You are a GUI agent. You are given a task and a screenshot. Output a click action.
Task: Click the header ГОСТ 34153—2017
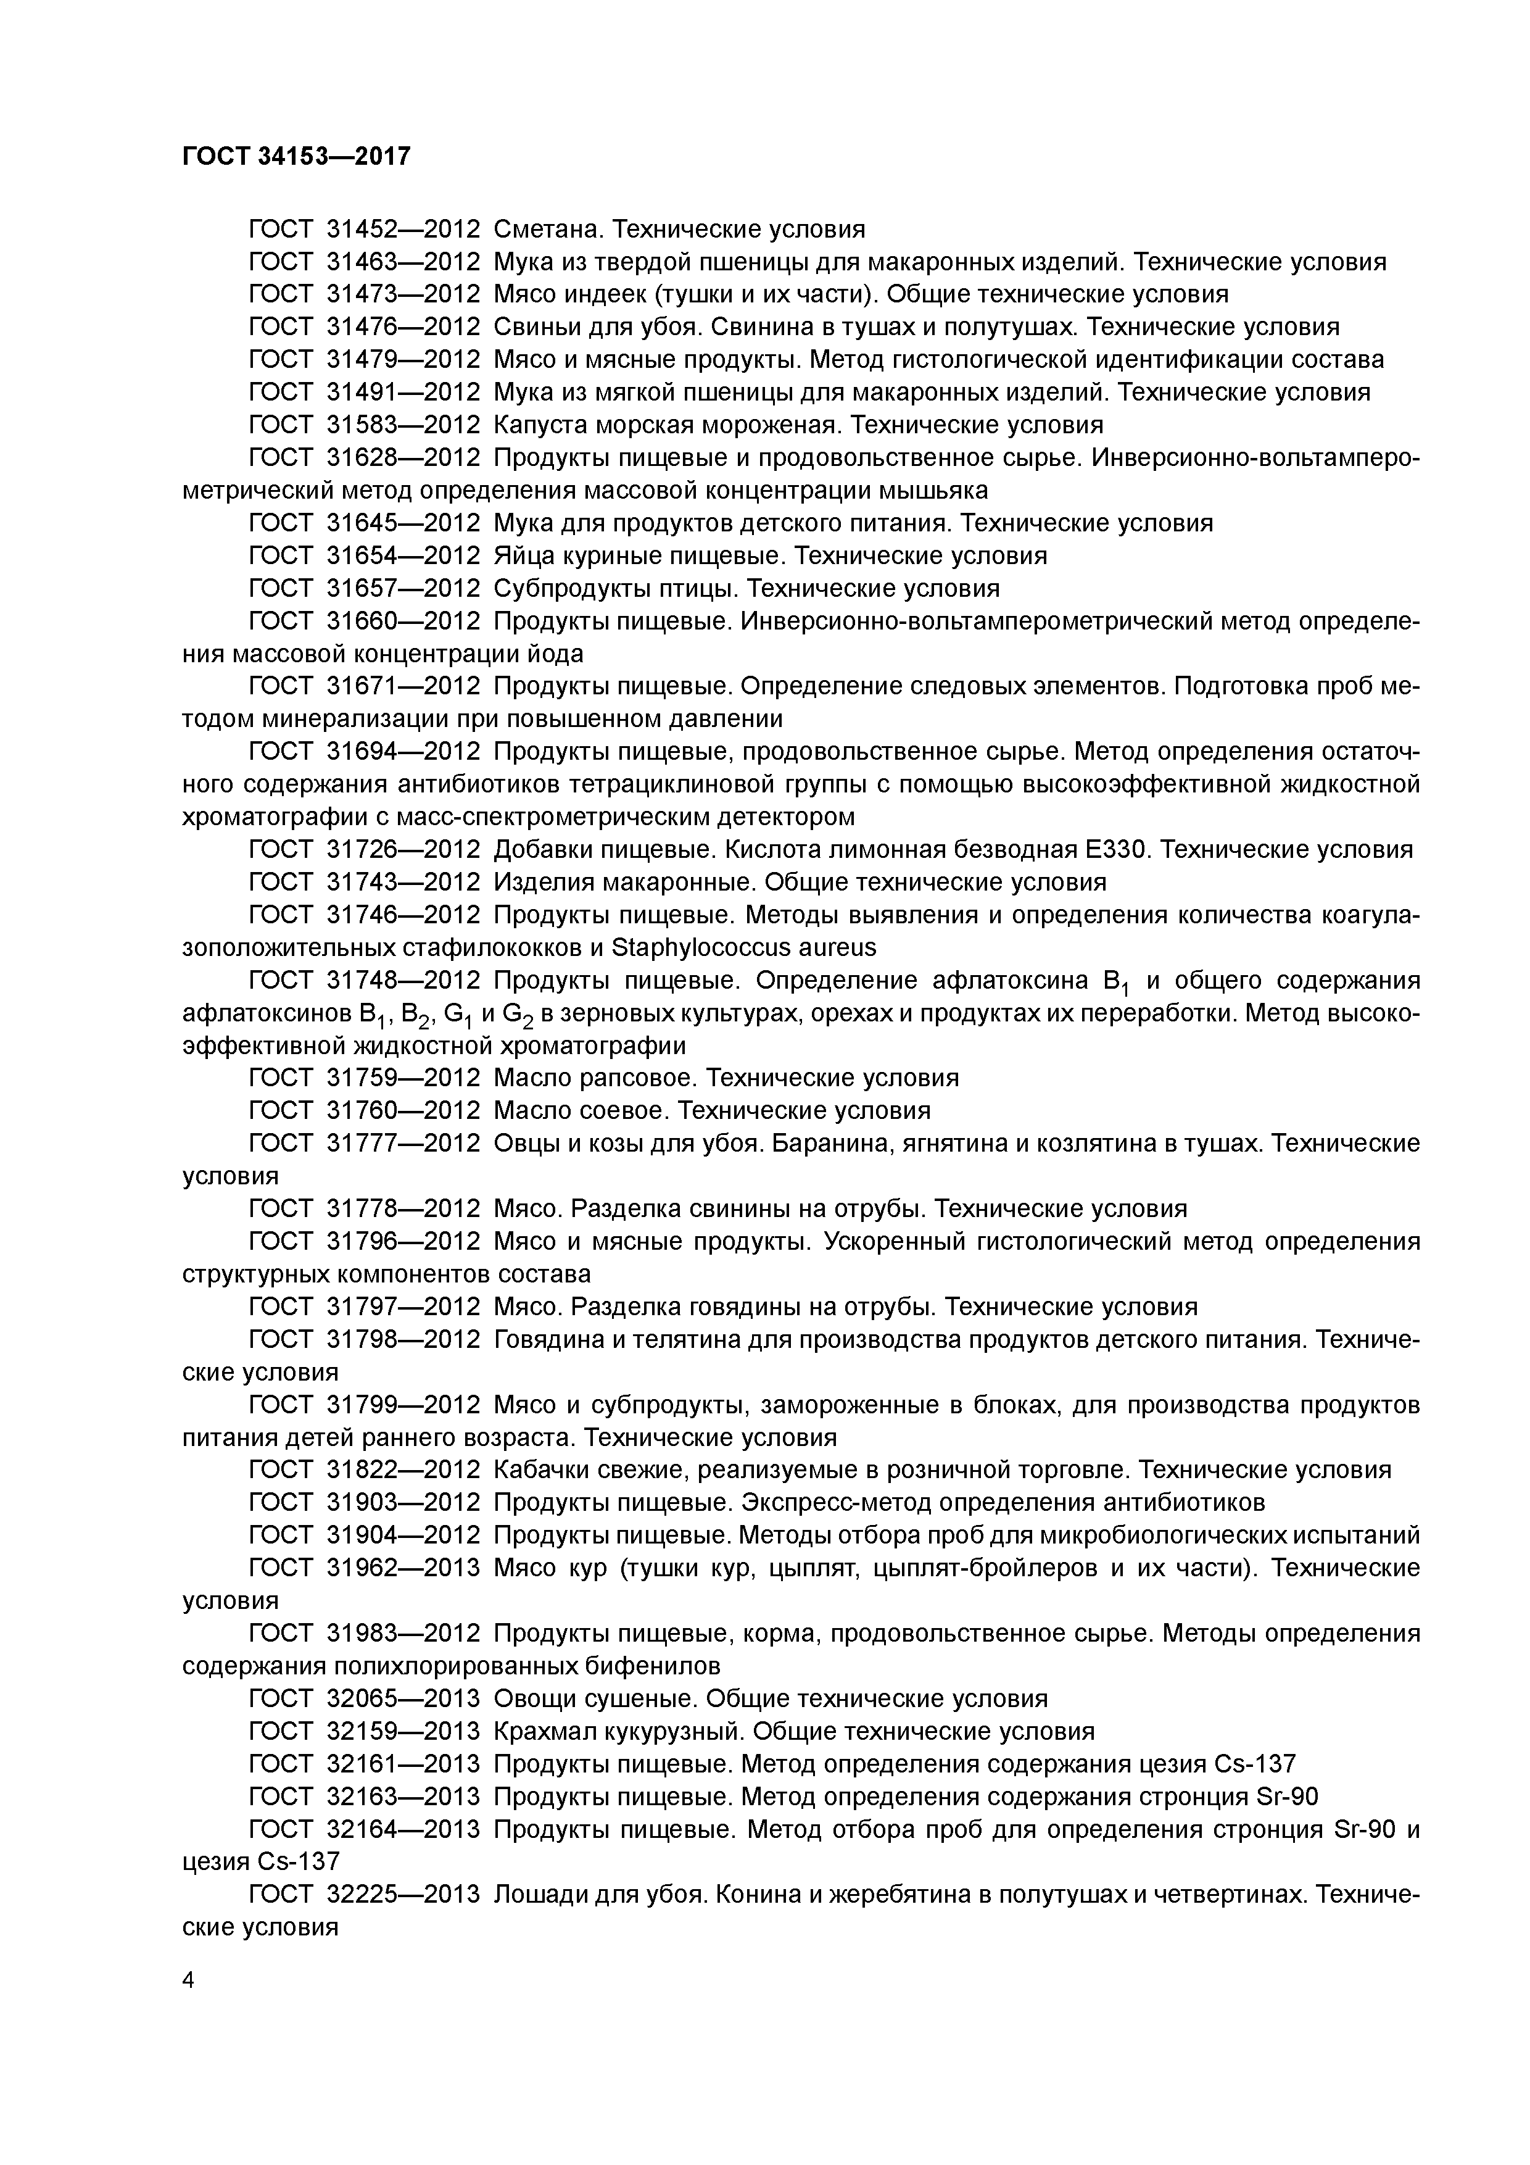[296, 156]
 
